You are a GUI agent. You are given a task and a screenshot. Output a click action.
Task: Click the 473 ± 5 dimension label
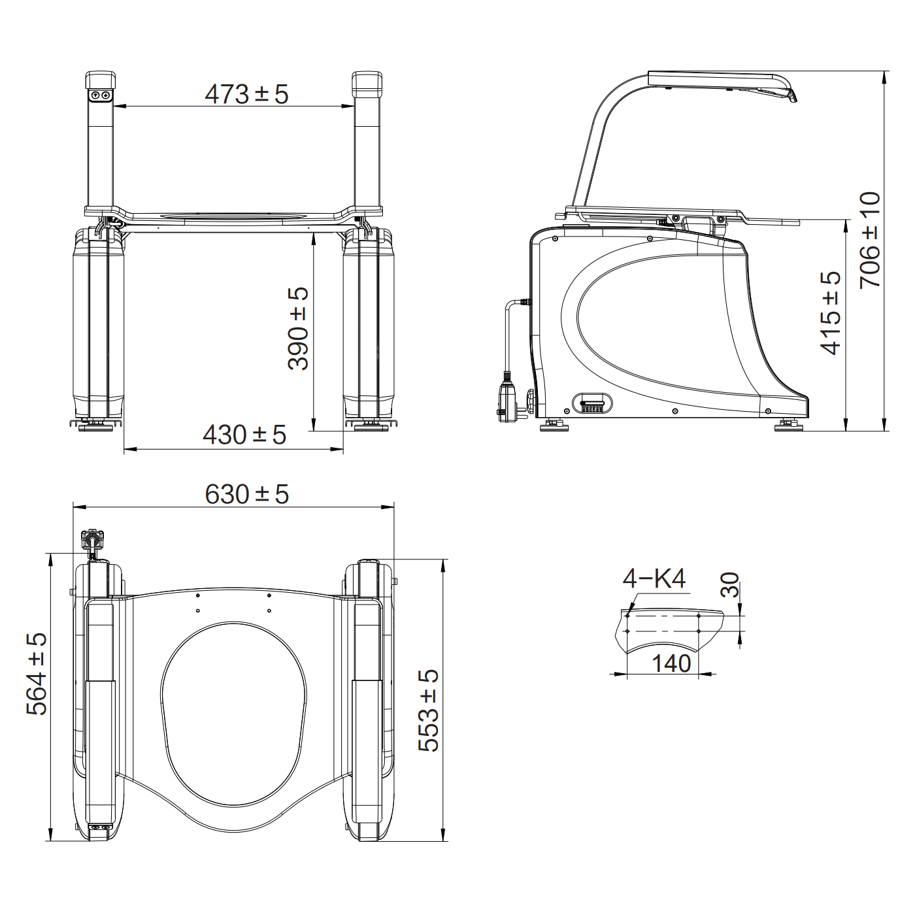246,94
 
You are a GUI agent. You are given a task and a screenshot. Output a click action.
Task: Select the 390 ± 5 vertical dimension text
298,329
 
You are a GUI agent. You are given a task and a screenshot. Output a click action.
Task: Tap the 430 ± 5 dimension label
244,435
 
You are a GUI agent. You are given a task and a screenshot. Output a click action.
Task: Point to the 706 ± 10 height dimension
870,240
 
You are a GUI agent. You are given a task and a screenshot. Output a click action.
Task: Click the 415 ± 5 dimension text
831,313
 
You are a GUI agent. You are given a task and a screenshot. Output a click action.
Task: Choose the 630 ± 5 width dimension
246,494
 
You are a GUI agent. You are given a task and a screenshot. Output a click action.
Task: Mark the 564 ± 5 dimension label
37,674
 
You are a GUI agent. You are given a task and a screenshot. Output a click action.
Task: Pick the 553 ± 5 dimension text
429,710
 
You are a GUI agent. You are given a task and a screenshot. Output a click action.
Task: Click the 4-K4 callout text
654,578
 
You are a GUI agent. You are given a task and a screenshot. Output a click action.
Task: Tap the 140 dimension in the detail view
671,663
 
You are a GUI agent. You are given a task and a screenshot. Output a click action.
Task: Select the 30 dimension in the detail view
730,585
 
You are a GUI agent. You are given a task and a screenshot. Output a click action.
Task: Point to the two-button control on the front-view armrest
101,95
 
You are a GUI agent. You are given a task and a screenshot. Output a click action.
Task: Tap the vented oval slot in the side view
592,403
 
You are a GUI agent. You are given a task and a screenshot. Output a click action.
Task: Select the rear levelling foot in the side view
554,426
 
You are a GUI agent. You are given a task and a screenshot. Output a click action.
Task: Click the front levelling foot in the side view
789,426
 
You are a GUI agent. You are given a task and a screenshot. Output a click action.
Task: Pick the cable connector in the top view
92,541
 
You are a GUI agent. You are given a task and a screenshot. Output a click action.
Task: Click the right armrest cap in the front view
367,84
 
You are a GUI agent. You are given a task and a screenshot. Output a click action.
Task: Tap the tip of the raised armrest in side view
792,97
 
